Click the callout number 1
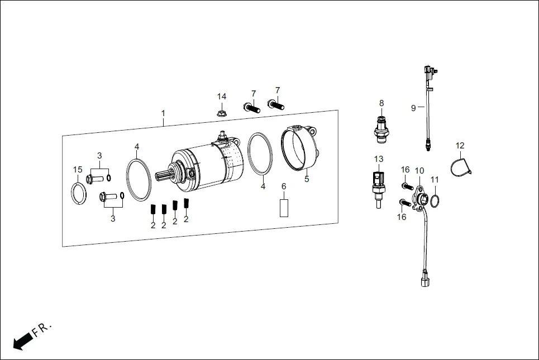pyautogui.click(x=163, y=113)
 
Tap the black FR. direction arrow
pyautogui.click(x=22, y=340)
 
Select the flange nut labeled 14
pyautogui.click(x=222, y=112)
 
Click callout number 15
pyautogui.click(x=78, y=170)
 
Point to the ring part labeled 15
pyautogui.click(x=78, y=194)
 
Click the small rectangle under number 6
pyautogui.click(x=283, y=208)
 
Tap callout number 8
pyautogui.click(x=381, y=103)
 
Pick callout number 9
pyautogui.click(x=413, y=108)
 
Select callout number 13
pyautogui.click(x=379, y=159)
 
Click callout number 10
pyautogui.click(x=419, y=170)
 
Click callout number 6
pyautogui.click(x=283, y=186)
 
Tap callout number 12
pyautogui.click(x=460, y=146)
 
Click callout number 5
pyautogui.click(x=307, y=180)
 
